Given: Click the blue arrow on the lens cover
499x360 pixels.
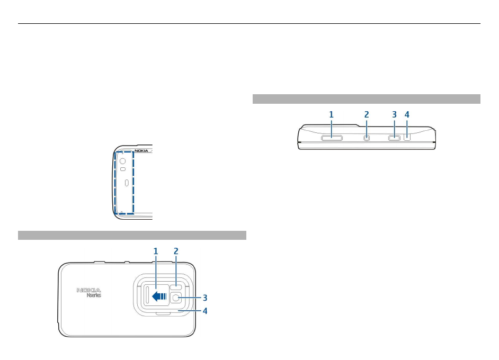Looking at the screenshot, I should pos(159,297).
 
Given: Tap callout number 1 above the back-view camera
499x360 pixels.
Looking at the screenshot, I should pos(156,252).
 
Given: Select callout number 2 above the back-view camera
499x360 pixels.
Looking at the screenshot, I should pos(176,252).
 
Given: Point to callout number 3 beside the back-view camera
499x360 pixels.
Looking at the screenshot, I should pos(204,298).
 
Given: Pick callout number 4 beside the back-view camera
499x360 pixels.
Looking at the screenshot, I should pos(204,311).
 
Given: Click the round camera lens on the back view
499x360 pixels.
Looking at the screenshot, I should pos(176,299).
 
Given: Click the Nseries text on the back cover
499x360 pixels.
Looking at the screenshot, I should pos(94,295).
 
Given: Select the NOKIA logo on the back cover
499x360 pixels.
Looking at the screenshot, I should pos(89,290).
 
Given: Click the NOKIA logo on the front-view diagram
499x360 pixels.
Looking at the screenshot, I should pos(141,151).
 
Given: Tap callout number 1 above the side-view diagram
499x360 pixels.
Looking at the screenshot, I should pos(331,114).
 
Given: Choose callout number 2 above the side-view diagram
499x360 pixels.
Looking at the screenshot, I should pos(367,114).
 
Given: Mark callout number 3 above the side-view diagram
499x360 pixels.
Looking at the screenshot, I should pos(394,114).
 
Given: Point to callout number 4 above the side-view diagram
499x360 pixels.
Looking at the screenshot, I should pos(407,114).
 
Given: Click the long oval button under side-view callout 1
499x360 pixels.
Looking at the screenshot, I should pos(332,138).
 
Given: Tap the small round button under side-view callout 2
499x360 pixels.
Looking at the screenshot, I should pos(367,138).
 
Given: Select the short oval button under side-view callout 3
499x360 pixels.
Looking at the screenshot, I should pos(395,138).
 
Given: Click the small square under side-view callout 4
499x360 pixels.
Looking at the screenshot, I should pos(407,137).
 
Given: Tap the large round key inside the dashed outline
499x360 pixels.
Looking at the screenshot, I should pos(122,160).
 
